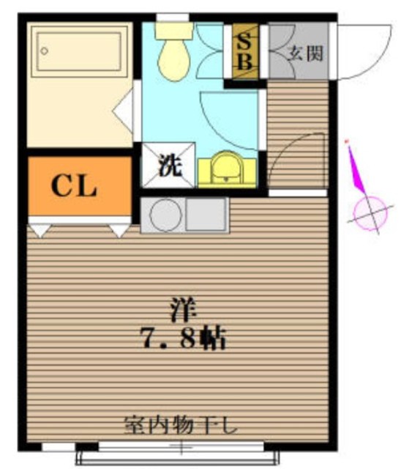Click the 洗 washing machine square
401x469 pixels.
point(170,164)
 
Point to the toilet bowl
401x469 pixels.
point(176,59)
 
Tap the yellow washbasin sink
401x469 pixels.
point(227,169)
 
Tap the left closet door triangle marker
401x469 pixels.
point(38,231)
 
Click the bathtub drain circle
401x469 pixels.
point(45,51)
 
